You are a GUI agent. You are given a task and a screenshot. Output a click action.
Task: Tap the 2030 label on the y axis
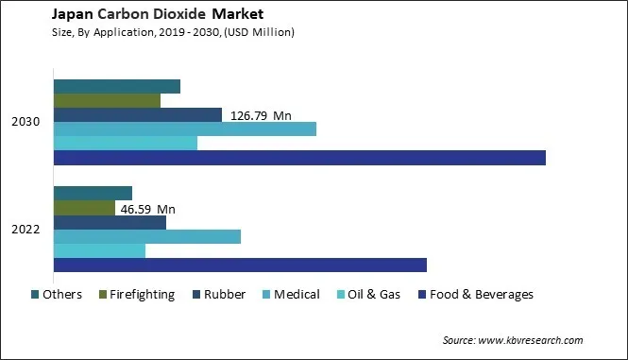pyautogui.click(x=25, y=122)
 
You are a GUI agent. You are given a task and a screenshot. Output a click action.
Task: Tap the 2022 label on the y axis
pyautogui.click(x=25, y=230)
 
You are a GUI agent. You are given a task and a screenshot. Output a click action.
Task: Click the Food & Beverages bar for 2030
pyautogui.click(x=299, y=158)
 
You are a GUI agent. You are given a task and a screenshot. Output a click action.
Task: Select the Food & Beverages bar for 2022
pyautogui.click(x=240, y=266)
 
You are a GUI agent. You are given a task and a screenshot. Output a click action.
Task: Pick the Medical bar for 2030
pyautogui.click(x=184, y=129)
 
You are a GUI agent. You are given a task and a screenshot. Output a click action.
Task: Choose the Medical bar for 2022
pyautogui.click(x=146, y=236)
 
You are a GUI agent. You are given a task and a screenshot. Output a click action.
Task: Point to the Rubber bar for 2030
pyautogui.click(x=137, y=115)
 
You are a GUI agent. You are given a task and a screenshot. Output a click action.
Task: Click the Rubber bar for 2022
pyautogui.click(x=110, y=222)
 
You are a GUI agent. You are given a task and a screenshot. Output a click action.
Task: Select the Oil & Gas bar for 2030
pyautogui.click(x=125, y=144)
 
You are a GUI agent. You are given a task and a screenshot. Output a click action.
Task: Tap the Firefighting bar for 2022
pyautogui.click(x=84, y=208)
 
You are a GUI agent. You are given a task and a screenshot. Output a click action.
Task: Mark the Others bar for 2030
pyautogui.click(x=116, y=87)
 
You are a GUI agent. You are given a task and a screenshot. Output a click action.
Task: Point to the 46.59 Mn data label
pyautogui.click(x=146, y=209)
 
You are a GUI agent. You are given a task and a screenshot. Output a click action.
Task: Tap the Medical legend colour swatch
pyautogui.click(x=266, y=295)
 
